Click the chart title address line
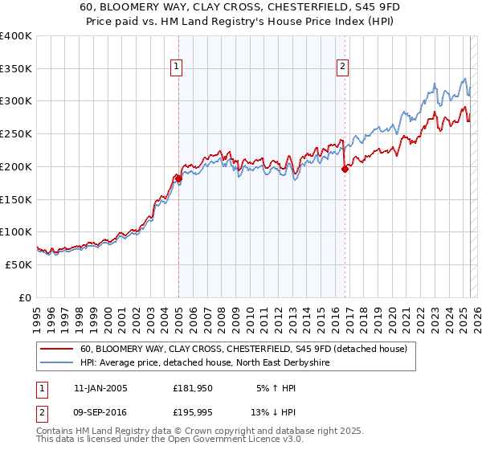pos(246,6)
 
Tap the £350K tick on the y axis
pos(16,68)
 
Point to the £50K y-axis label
pos(18,264)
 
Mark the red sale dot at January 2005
pos(178,178)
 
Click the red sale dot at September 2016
pos(345,169)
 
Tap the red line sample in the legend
pos(56,350)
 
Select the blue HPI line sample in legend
pos(56,363)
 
